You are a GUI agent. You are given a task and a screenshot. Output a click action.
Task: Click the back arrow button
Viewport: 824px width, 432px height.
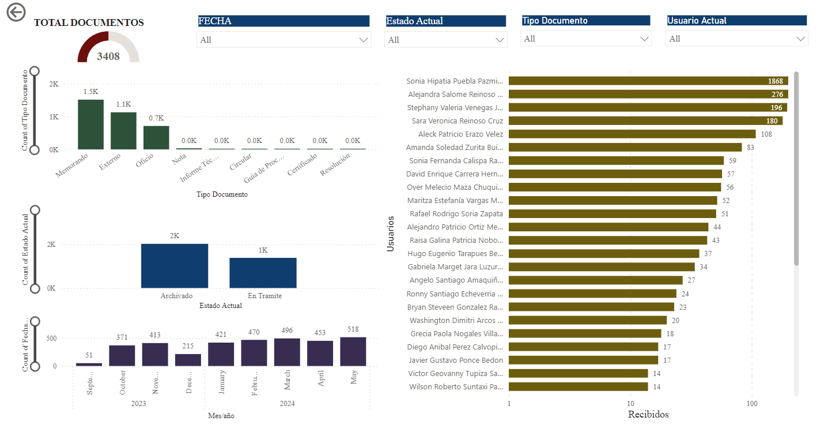16,12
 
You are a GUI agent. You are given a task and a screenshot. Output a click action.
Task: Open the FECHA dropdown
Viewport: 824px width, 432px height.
284,40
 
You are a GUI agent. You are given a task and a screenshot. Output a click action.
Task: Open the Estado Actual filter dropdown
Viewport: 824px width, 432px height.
445,40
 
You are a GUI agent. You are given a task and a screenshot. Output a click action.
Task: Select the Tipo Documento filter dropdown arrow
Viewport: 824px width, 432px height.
644,39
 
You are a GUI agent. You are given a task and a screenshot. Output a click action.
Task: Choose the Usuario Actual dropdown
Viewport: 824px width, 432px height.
736,39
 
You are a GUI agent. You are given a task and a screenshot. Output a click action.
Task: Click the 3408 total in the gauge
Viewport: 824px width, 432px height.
108,56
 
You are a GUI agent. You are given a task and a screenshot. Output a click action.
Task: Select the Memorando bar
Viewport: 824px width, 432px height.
90,125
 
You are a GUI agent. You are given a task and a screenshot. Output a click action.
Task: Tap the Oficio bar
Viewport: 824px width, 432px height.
156,137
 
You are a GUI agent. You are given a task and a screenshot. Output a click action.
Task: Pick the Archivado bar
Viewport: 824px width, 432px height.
174,266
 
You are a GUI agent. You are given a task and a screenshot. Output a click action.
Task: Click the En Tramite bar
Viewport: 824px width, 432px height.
263,273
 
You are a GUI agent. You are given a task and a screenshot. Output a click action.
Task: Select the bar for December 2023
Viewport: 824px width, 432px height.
188,360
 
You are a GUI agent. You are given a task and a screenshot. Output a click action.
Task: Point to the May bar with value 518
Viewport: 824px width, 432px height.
353,351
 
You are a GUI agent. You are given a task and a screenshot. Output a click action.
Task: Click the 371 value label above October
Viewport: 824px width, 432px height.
122,337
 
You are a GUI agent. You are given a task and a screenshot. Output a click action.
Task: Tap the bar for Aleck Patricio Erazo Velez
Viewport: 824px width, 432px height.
632,134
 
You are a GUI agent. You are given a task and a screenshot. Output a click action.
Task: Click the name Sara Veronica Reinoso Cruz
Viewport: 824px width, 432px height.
457,121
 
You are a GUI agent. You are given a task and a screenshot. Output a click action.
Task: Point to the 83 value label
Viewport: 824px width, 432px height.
750,147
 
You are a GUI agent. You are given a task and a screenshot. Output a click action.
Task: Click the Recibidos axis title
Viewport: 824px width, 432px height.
648,414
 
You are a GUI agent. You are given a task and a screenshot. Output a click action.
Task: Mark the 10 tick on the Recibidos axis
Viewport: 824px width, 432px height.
630,403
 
